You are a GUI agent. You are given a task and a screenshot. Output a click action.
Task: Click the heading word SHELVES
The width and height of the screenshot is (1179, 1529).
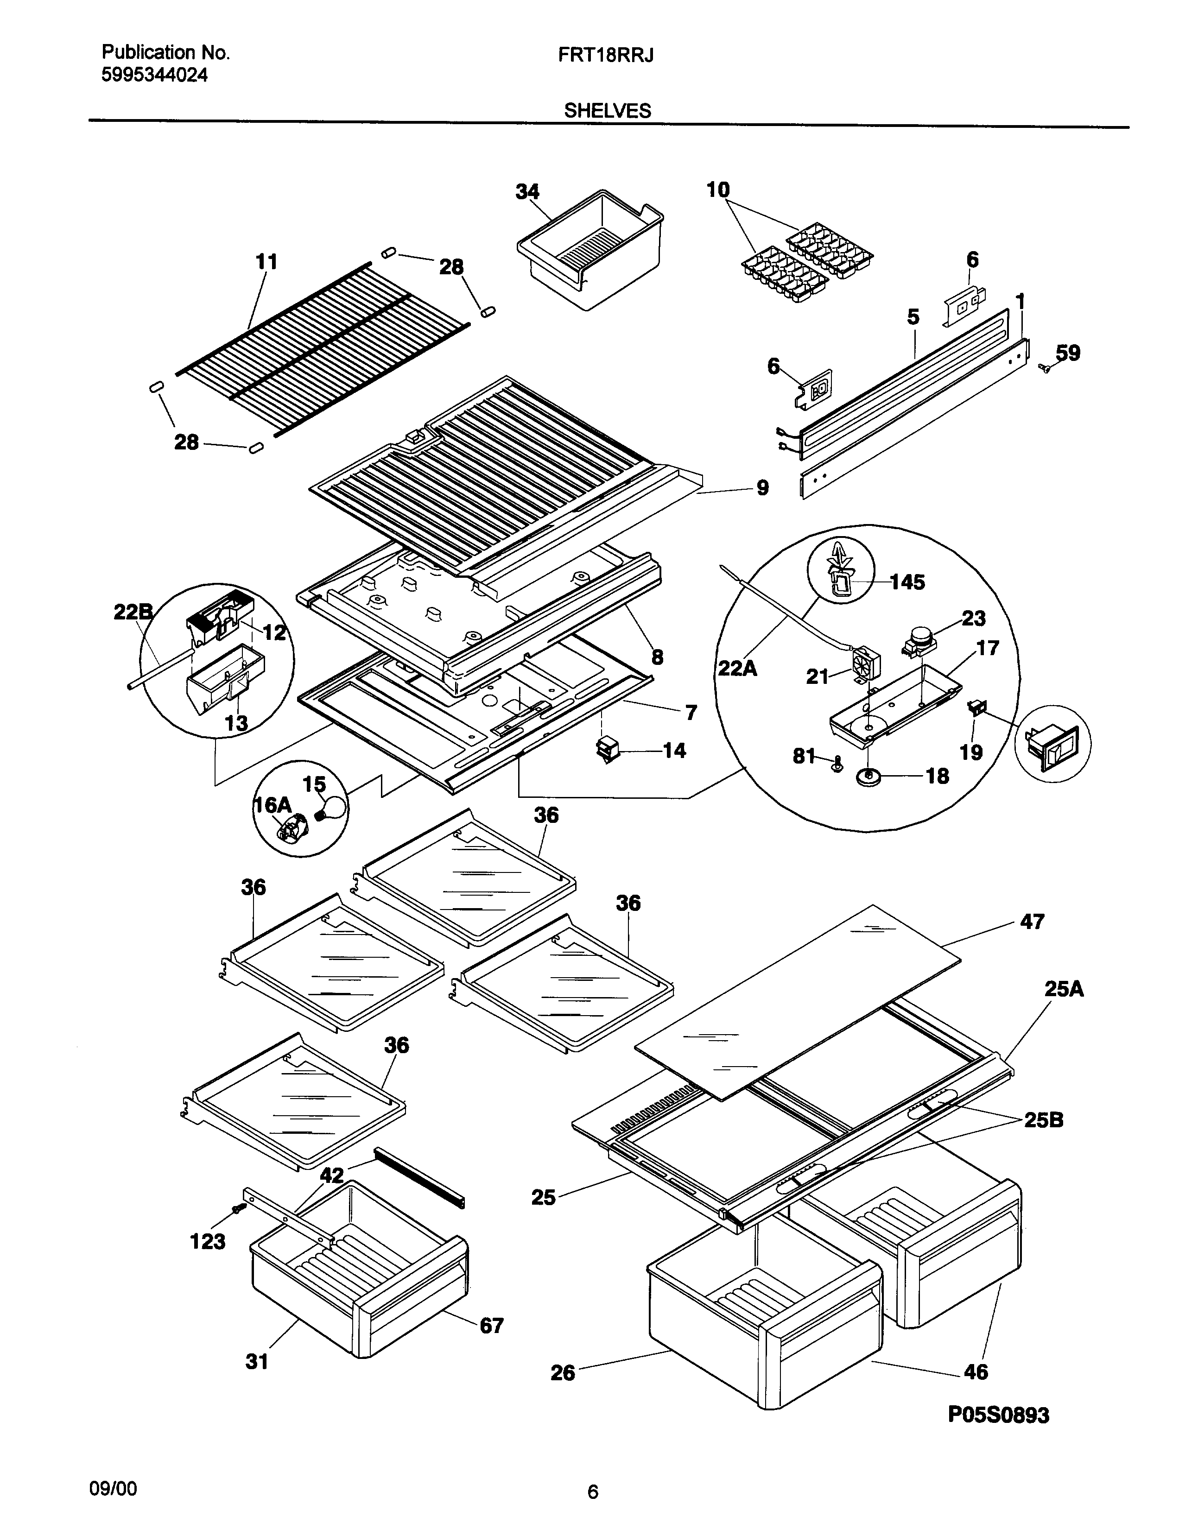point(607,111)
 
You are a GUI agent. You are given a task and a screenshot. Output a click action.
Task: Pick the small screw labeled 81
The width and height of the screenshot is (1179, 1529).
point(836,764)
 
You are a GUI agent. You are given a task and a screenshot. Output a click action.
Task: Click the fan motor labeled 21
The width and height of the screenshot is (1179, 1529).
point(867,662)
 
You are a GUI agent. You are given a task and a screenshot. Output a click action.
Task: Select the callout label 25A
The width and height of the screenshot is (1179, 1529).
point(1064,989)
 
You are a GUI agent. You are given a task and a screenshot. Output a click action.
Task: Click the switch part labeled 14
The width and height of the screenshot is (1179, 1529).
point(606,750)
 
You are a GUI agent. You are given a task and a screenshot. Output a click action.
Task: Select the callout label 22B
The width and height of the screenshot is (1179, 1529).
point(133,613)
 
